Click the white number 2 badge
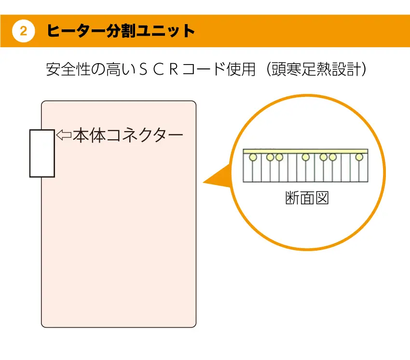(x=23, y=31)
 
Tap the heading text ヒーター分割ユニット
(x=121, y=31)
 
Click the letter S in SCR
(x=143, y=70)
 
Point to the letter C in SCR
(x=164, y=70)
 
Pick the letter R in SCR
(x=185, y=70)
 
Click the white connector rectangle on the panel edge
(x=42, y=153)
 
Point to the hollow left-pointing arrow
(x=64, y=135)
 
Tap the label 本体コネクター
(x=128, y=135)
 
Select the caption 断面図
(x=307, y=198)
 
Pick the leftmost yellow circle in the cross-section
(x=252, y=157)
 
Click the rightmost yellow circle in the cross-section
(x=359, y=157)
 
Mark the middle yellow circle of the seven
(x=305, y=157)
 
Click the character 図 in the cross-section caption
(x=322, y=198)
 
